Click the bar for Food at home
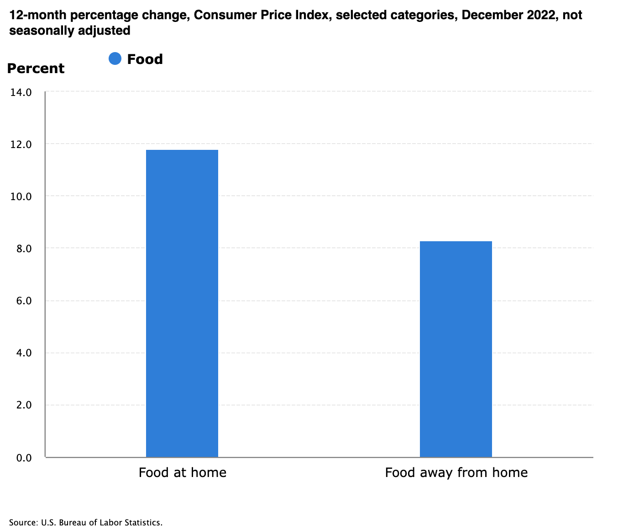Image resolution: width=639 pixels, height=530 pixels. click(182, 303)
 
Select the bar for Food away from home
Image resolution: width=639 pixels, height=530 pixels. click(456, 349)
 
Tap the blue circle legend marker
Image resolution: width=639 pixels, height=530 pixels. click(115, 59)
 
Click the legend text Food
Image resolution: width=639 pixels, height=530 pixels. click(145, 59)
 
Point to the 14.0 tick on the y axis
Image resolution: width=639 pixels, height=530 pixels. click(21, 92)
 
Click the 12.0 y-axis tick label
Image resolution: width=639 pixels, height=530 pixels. click(21, 144)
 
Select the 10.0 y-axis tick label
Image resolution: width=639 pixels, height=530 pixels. click(21, 196)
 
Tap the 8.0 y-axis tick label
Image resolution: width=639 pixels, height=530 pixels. click(23, 249)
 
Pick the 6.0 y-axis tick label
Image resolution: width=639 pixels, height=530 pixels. click(23, 301)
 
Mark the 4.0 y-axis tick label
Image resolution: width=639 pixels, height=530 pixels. click(23, 353)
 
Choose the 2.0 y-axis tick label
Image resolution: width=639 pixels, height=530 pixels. click(23, 405)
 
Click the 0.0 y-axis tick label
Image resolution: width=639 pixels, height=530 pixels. click(23, 457)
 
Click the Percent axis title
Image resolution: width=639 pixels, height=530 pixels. click(36, 69)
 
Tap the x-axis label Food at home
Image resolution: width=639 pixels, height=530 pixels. click(182, 472)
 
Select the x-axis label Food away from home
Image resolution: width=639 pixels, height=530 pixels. click(456, 472)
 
